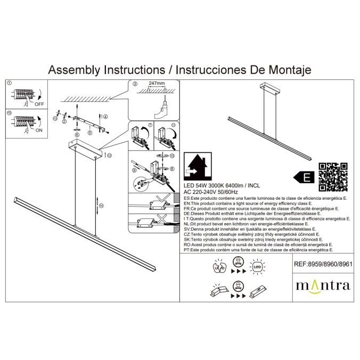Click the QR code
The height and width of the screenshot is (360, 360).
tap(333, 177)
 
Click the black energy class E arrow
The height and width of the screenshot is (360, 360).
tap(303, 177)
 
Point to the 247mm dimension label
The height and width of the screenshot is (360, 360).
tap(157, 84)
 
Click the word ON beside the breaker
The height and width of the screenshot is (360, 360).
tap(39, 129)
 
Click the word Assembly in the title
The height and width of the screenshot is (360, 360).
tap(76, 70)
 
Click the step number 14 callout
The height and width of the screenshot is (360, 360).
tap(101, 205)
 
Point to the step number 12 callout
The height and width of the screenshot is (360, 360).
tap(109, 156)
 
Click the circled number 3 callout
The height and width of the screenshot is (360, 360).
tap(135, 84)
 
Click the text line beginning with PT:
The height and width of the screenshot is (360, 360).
tap(258, 249)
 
